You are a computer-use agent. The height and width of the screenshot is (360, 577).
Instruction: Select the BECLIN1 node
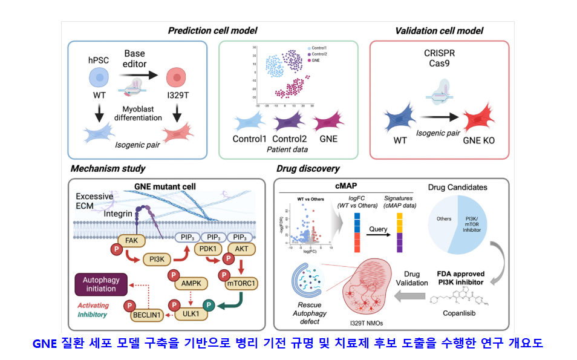(x=146, y=315)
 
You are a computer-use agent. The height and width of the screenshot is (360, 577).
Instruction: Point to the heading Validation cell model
(x=439, y=30)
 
